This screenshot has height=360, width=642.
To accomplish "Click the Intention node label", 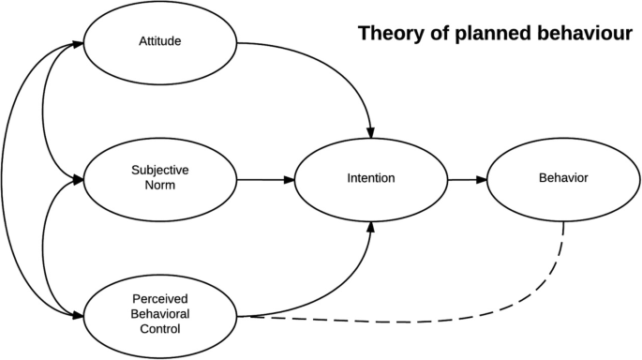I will click(x=370, y=178).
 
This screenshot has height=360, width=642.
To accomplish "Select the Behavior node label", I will click(x=563, y=178).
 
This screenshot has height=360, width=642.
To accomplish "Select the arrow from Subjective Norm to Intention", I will click(x=266, y=178).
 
